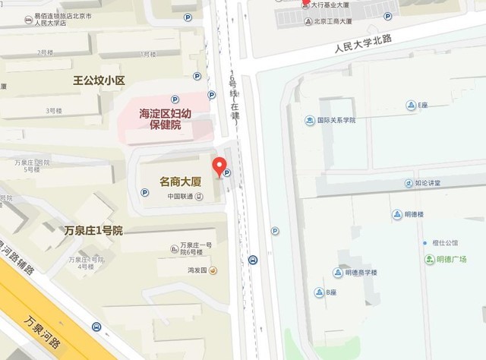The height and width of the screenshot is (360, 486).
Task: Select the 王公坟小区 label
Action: coord(98,79)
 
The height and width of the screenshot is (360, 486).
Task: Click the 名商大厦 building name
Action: coord(180,182)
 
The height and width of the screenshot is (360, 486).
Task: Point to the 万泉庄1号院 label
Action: coord(93,229)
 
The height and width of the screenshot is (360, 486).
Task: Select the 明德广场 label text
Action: coord(451,259)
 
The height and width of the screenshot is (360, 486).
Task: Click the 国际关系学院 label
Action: coord(336,120)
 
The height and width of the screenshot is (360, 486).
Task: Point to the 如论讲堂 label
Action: coord(428,183)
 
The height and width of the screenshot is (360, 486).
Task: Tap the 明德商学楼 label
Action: coord(361,273)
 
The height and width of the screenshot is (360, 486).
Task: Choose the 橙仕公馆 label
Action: coord(445,243)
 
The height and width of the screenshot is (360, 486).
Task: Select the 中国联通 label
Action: coord(180,197)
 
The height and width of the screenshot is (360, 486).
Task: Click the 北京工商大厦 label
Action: coord(332,21)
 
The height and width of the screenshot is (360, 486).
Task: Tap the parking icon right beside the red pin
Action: coord(226,173)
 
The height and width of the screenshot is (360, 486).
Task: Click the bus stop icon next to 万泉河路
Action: coord(96,327)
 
